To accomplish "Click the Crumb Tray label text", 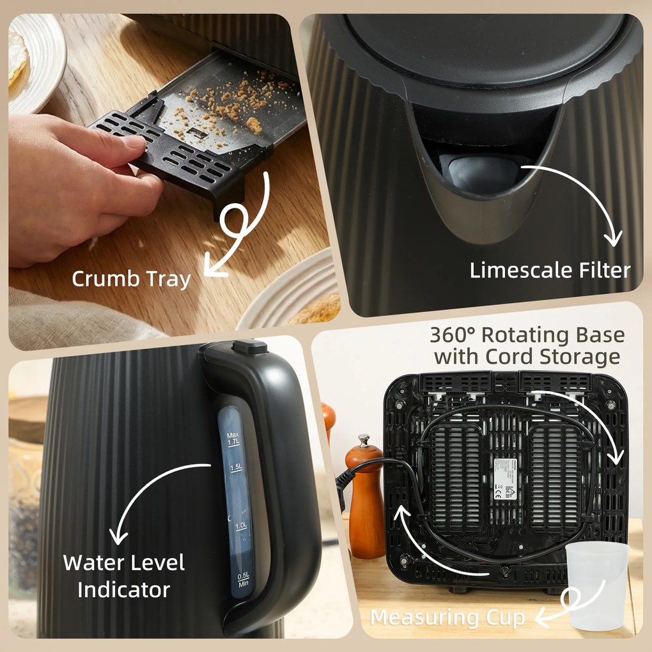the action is tap(130, 279).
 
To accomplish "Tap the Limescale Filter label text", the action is tap(550, 270).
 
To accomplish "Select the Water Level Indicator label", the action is tap(123, 575).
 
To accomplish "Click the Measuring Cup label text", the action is tap(447, 617).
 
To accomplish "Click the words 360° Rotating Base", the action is tap(527, 335).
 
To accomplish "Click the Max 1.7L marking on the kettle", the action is tap(233, 439).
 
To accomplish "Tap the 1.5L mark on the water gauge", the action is tap(236, 468).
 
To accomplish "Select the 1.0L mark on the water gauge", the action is tap(241, 525).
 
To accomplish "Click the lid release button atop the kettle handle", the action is tap(249, 347).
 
